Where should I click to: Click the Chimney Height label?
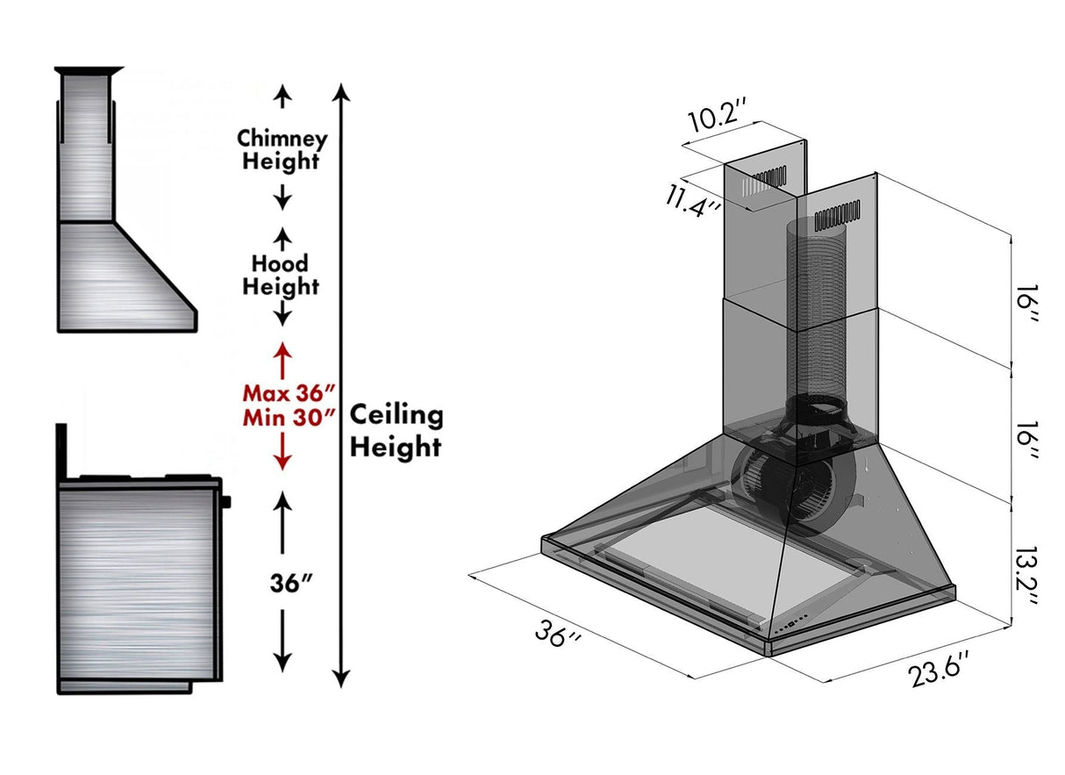click(282, 150)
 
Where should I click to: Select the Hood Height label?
click(282, 275)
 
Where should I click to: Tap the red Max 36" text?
click(289, 391)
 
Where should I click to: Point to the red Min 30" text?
click(289, 416)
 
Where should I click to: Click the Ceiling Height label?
click(397, 431)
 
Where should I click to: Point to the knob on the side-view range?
click(227, 502)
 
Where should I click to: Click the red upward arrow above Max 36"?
click(282, 355)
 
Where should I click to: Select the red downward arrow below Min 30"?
click(282, 452)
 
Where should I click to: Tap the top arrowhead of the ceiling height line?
click(342, 91)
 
